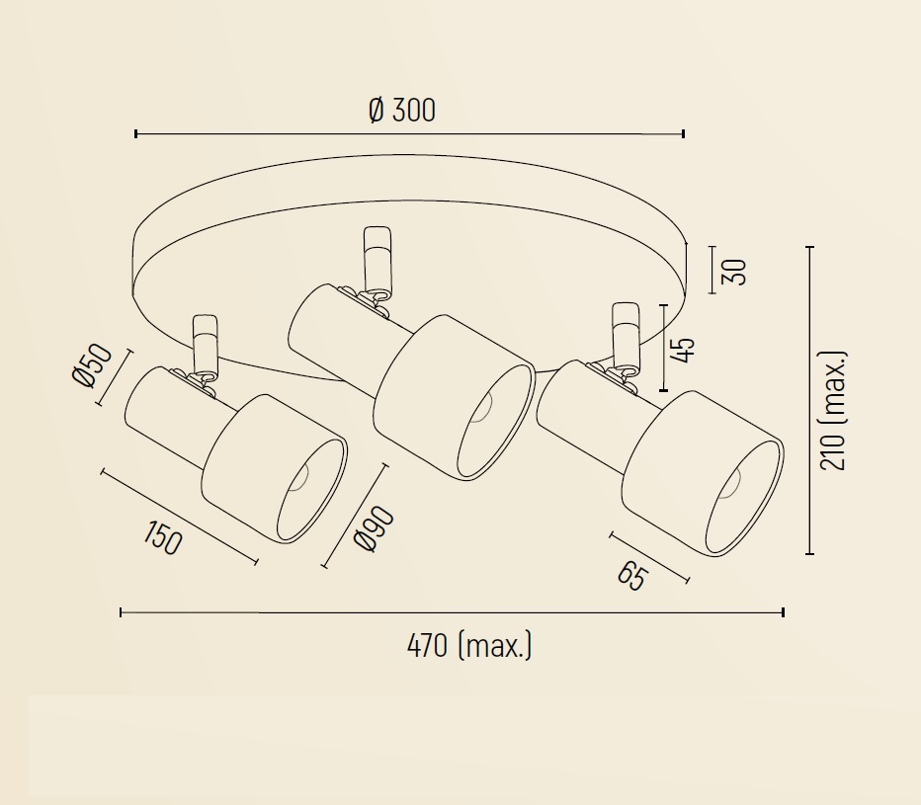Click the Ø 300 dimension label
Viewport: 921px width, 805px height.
[x=402, y=110]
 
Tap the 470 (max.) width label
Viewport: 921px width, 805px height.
[x=468, y=645]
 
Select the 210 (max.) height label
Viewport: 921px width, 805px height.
[x=833, y=411]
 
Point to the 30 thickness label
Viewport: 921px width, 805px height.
[x=733, y=272]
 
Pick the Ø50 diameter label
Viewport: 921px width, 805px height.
[x=92, y=364]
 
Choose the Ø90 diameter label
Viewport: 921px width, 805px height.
[x=375, y=528]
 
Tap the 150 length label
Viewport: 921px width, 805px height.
[x=163, y=537]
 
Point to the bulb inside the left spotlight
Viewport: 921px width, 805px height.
[x=299, y=477]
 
